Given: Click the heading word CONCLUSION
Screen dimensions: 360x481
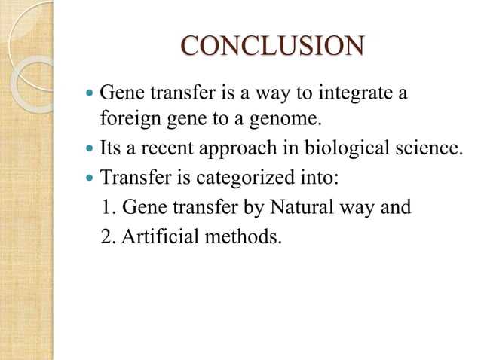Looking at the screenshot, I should [272, 46].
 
